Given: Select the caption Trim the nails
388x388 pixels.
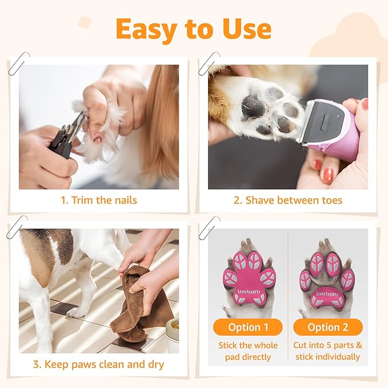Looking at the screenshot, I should point(99,200).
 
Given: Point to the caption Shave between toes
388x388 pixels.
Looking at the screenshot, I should point(288,200).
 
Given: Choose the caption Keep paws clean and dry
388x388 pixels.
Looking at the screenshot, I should point(99,365).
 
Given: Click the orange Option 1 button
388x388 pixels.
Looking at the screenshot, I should point(248,327).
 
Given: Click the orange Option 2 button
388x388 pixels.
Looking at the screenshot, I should point(327,327).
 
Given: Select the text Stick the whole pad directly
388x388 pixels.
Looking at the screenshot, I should point(248,351).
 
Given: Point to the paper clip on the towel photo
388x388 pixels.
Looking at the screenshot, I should point(17,226).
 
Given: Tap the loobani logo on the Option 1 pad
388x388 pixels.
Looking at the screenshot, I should point(249,291).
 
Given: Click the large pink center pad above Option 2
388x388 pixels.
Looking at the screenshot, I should point(327,291).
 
